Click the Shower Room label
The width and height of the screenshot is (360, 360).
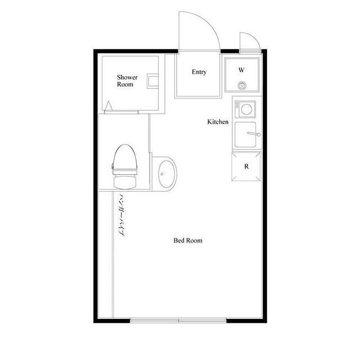(127, 80)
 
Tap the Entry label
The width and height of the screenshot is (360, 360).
(199, 72)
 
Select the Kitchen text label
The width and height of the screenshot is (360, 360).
(218, 121)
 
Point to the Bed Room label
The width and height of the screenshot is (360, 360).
(188, 240)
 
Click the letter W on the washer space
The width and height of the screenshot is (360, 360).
(241, 70)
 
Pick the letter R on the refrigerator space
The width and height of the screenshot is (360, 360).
(246, 166)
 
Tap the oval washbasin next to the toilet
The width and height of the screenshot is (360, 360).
(167, 174)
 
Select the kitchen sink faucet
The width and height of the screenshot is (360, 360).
(254, 134)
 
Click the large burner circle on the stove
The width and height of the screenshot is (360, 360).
(246, 109)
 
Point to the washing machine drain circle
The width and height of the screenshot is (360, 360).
(242, 85)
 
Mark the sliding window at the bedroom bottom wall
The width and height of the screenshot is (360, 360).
(178, 320)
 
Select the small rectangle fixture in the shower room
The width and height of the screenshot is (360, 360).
(152, 81)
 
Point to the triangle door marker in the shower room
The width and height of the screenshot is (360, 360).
(109, 106)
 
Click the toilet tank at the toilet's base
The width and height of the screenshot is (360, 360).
(125, 182)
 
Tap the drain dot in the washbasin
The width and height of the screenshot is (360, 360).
(162, 174)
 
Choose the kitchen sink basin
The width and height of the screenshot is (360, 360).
(245, 134)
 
